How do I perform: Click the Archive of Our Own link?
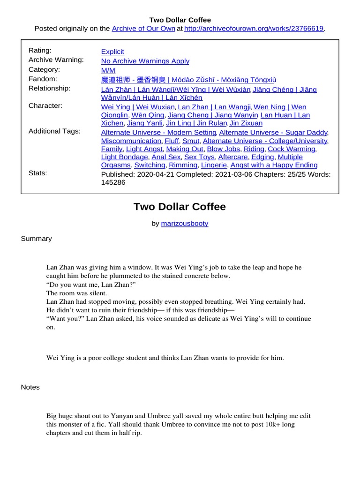click(143, 29)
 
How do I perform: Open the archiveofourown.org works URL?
click(254, 29)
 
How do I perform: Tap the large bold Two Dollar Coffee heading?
click(180, 207)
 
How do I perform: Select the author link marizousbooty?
click(185, 224)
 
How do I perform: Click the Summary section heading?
click(36, 239)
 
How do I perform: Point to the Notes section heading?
click(30, 387)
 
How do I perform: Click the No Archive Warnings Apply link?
click(145, 61)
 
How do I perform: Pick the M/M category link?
click(108, 70)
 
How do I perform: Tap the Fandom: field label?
click(43, 79)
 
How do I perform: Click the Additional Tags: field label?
click(54, 131)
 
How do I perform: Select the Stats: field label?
click(38, 173)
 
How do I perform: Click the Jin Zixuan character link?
click(246, 123)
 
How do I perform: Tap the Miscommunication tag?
click(131, 141)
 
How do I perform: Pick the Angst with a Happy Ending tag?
click(274, 165)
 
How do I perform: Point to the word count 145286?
click(113, 182)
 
